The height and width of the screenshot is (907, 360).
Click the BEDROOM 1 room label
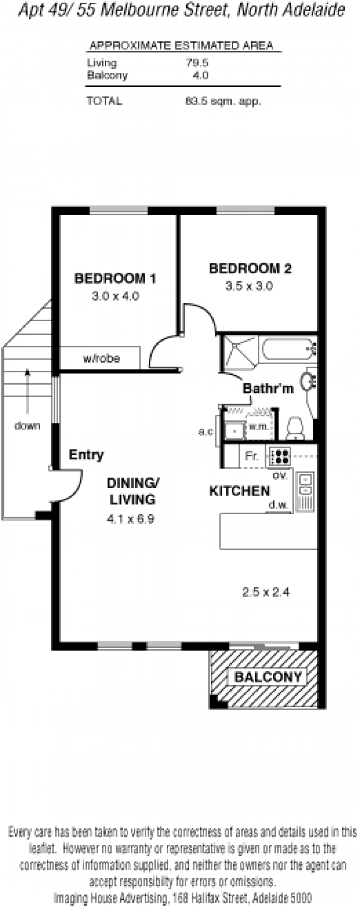115,278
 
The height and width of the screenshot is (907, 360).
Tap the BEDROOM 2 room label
250,269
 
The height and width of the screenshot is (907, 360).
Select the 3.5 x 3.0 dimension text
249,286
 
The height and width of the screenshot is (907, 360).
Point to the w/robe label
101,359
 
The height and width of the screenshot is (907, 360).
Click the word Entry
86,455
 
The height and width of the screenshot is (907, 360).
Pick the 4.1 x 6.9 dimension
130,519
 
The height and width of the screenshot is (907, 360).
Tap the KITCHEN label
239,491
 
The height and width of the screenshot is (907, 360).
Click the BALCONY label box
268,677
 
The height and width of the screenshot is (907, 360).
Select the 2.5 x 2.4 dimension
265,592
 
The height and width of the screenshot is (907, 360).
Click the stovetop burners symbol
280,456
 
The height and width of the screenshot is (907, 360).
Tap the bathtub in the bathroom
288,349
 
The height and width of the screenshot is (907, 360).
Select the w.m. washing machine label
259,426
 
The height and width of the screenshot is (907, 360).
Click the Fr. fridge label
252,456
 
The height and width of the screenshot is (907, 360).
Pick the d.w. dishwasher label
278,505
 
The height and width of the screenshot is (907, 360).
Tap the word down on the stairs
27,426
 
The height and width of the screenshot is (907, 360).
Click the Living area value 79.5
198,63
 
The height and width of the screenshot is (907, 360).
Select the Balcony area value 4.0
201,75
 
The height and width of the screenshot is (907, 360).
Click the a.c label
206,432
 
